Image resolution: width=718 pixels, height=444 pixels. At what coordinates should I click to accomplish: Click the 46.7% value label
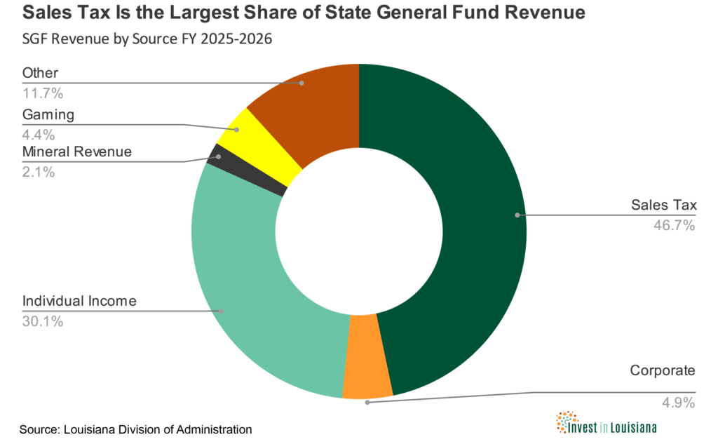point(674,225)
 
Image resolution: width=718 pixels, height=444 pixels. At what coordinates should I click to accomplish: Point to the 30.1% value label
point(43,321)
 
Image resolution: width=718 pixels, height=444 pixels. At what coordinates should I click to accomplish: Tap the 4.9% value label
point(677,403)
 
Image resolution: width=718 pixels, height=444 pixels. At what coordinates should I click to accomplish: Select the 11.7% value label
point(43,91)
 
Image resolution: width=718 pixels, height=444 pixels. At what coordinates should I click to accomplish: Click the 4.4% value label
point(39,133)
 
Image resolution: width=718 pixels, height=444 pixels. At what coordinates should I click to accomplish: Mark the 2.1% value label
point(39,171)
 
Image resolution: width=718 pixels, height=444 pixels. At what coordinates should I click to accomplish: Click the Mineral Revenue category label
point(77,152)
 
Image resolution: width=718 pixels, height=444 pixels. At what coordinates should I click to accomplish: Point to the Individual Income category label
point(79,302)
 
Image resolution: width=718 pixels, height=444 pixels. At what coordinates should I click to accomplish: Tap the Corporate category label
point(662,370)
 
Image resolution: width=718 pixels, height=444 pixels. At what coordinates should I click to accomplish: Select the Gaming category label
point(48,114)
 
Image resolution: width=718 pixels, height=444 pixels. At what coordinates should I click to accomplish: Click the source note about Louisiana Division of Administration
point(135,429)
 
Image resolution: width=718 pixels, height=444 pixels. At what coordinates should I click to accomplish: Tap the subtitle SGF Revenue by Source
point(147,39)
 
